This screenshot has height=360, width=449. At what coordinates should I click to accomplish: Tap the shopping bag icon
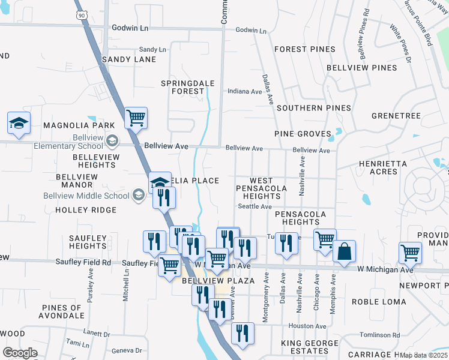pos(344,252)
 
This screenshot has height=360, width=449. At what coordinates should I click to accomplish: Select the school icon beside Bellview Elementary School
pos(111,141)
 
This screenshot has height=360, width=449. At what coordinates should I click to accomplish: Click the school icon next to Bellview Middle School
pos(139,194)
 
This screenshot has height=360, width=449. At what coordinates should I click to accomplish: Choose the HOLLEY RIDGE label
pos(86,210)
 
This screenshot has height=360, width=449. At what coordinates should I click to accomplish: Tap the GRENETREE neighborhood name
pos(396,115)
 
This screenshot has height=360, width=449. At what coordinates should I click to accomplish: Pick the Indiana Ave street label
pos(244,92)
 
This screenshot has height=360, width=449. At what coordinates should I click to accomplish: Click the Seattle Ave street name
pos(255,206)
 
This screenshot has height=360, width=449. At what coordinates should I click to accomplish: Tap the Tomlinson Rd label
pos(379,335)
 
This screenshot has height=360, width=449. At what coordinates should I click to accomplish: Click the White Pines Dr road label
pos(400,44)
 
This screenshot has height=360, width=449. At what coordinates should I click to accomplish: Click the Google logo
pos(20,353)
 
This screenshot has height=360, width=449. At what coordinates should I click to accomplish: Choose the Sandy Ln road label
pos(152,49)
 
